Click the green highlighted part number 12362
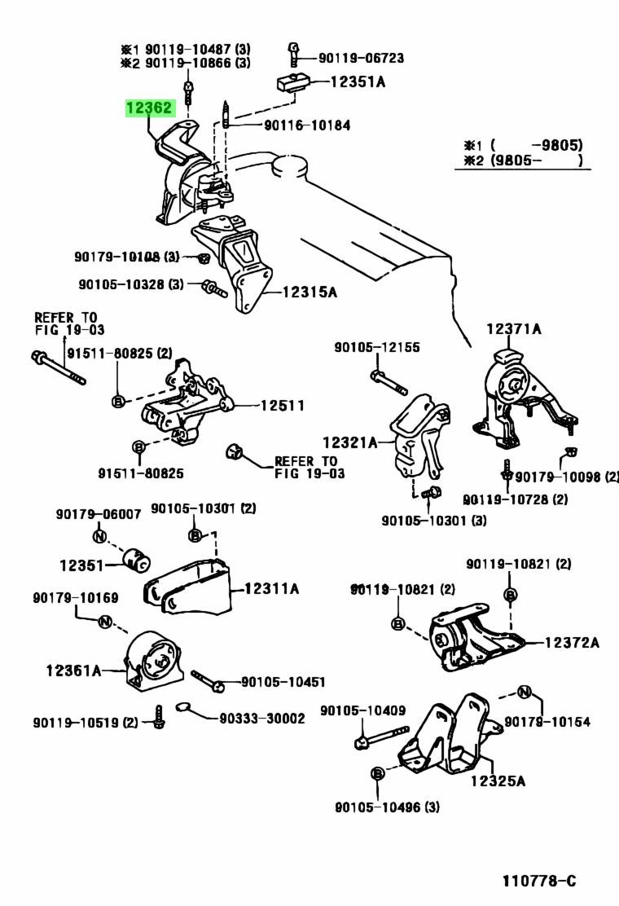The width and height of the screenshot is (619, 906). click(x=149, y=108)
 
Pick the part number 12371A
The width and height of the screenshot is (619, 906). click(x=514, y=329)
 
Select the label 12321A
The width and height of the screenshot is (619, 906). click(x=349, y=443)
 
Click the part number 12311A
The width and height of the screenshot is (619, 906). click(x=272, y=587)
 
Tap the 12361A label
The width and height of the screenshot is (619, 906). click(x=73, y=671)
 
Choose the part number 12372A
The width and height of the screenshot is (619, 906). click(x=571, y=643)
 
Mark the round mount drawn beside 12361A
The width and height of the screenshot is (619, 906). click(x=155, y=659)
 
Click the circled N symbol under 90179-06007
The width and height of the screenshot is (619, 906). click(x=99, y=536)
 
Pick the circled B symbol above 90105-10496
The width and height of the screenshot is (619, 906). click(x=377, y=772)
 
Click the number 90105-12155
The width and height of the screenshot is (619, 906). click(x=376, y=347)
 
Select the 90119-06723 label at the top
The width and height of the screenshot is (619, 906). click(x=361, y=58)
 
